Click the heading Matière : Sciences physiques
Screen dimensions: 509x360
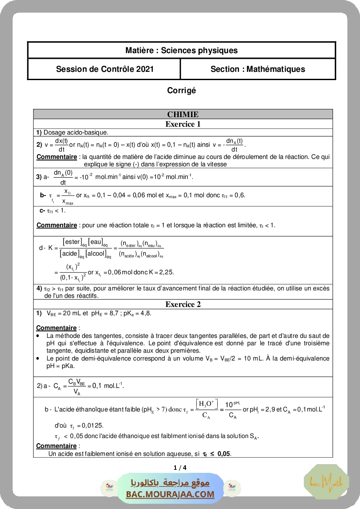[x=182, y=50]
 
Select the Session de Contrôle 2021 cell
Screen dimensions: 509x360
[x=104, y=69]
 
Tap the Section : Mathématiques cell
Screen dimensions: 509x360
[x=258, y=69]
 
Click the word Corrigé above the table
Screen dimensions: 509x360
[x=182, y=90]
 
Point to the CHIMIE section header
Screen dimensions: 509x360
[x=183, y=114]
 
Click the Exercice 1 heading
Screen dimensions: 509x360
[x=183, y=124]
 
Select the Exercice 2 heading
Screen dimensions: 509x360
[x=183, y=304]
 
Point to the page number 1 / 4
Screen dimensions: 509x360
[x=180, y=468]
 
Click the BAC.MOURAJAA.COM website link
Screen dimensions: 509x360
[x=170, y=494]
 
